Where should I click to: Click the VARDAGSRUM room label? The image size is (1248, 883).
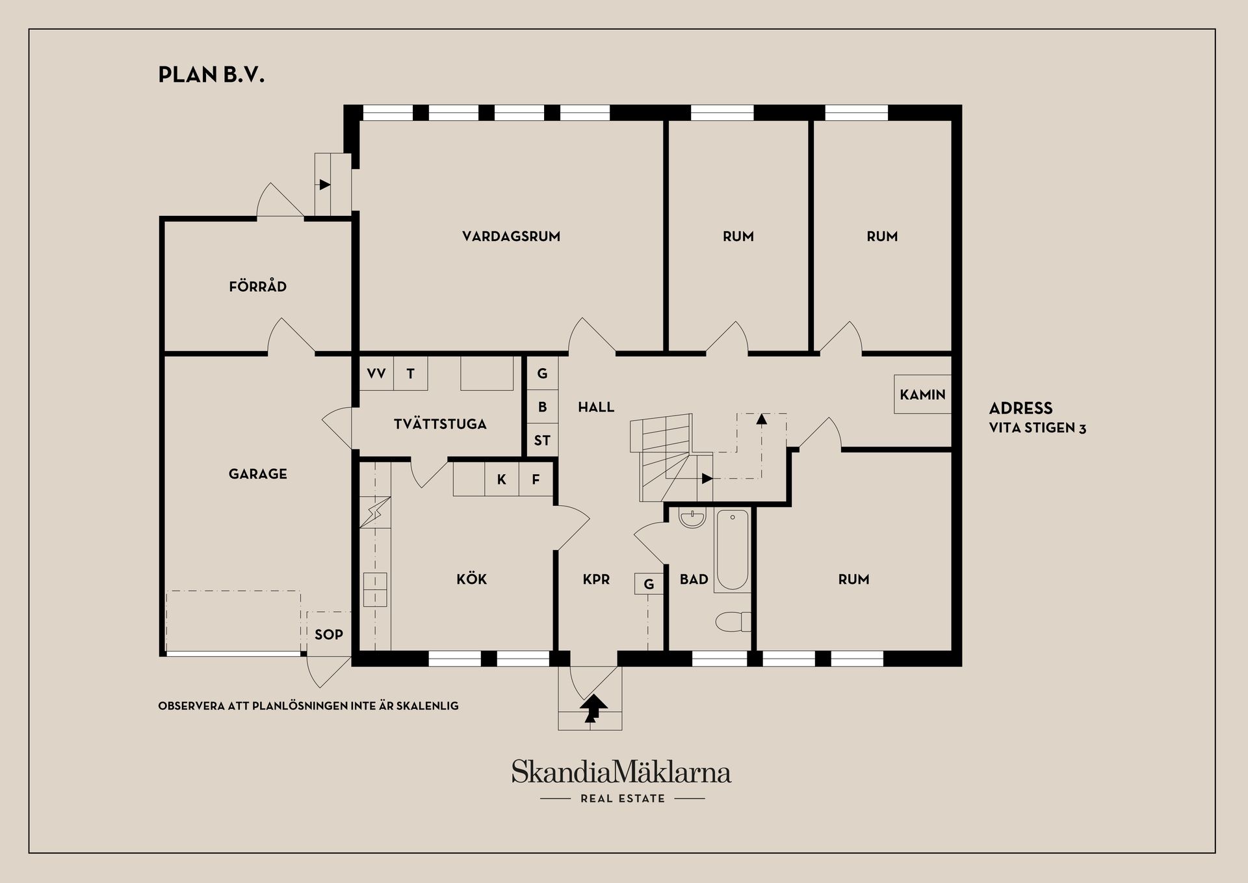pyautogui.click(x=511, y=237)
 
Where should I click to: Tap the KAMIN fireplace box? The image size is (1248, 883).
pyautogui.click(x=922, y=394)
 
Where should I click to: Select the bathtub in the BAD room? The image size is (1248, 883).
pyautogui.click(x=733, y=550)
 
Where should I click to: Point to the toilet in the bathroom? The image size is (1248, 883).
pyautogui.click(x=733, y=622)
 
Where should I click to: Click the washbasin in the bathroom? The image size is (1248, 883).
pyautogui.click(x=692, y=518)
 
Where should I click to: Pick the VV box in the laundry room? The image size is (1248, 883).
pyautogui.click(x=376, y=373)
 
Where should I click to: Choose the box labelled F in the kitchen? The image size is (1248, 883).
pyautogui.click(x=536, y=480)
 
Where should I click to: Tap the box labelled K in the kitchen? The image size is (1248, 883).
pyautogui.click(x=502, y=480)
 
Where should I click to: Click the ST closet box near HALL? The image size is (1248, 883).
pyautogui.click(x=542, y=440)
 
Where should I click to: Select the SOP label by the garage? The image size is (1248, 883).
pyautogui.click(x=329, y=635)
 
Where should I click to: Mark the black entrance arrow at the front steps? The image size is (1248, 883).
pyautogui.click(x=593, y=708)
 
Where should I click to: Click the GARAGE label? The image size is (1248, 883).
pyautogui.click(x=258, y=474)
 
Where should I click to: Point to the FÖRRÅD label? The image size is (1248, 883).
pyautogui.click(x=258, y=286)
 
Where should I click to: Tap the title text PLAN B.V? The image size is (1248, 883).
pyautogui.click(x=211, y=75)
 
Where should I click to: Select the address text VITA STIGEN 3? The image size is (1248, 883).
pyautogui.click(x=1037, y=428)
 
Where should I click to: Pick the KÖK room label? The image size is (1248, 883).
pyautogui.click(x=472, y=579)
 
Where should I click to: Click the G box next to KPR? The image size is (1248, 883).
pyautogui.click(x=649, y=584)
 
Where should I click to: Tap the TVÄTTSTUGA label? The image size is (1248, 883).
pyautogui.click(x=440, y=424)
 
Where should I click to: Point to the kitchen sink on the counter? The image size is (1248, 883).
pyautogui.click(x=375, y=589)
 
